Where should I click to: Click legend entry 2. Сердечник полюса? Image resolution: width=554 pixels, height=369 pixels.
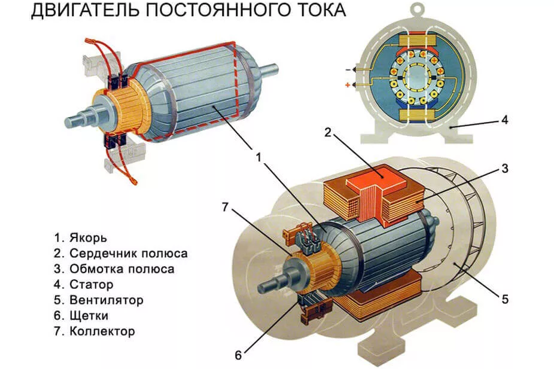tap(120, 253)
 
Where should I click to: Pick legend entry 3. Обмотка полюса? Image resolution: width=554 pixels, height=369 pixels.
tap(114, 269)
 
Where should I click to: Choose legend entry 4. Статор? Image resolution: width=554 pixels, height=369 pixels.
tap(83, 284)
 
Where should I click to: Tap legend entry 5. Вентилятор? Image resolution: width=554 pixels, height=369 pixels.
tap(98, 300)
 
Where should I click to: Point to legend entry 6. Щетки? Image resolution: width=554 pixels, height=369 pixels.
tap(80, 315)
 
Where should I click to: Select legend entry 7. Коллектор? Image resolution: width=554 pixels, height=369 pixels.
tap(94, 331)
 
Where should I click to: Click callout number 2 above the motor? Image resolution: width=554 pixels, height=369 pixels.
tap(327, 132)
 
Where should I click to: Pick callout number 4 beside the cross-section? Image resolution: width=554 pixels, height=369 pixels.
tap(504, 120)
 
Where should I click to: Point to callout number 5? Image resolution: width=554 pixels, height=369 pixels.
tap(504, 298)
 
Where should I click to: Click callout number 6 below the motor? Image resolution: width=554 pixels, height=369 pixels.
tap(238, 355)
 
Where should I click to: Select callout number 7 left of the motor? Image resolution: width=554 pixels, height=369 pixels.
tap(225, 208)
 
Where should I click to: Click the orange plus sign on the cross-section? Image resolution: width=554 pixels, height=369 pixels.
tap(347, 86)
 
